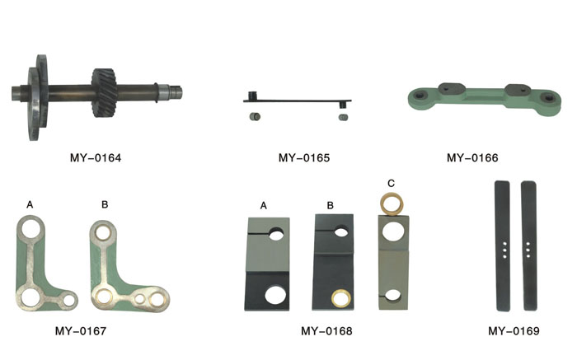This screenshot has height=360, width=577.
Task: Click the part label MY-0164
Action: tap(96, 158)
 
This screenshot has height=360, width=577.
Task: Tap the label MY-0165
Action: tap(304, 158)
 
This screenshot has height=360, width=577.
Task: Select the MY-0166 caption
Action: tap(472, 158)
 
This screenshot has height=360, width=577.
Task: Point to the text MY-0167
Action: tap(81, 331)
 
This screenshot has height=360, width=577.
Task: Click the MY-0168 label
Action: tap(326, 331)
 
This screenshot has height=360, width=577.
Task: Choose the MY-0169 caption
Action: tap(514, 331)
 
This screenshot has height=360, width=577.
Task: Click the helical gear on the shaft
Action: tap(105, 92)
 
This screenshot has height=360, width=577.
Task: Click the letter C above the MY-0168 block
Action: tap(392, 183)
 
